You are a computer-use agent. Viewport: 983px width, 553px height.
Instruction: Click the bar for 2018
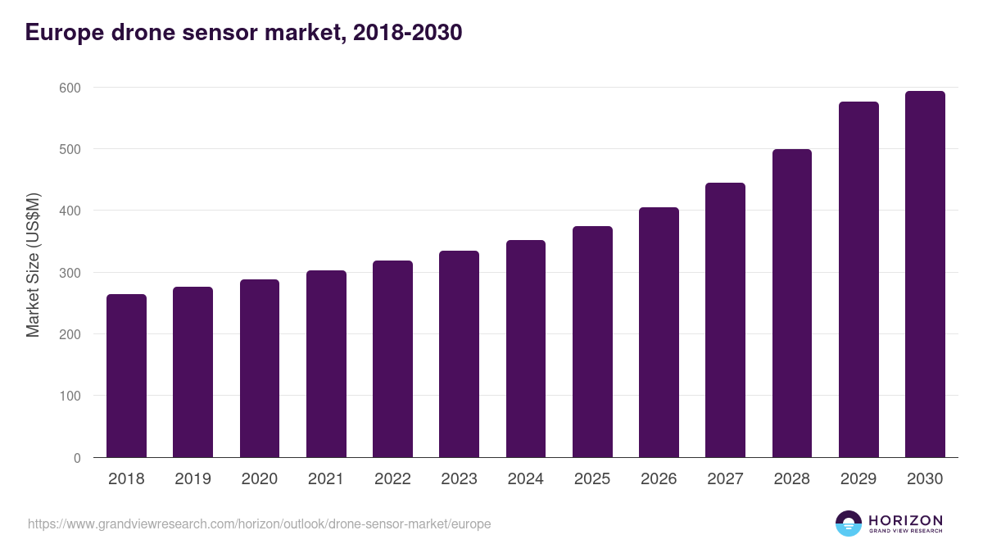(x=126, y=376)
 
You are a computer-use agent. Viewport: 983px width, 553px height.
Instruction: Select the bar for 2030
(x=925, y=274)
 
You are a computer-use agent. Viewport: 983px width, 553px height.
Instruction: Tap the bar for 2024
(x=525, y=349)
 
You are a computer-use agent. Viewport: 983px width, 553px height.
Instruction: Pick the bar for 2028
(x=791, y=303)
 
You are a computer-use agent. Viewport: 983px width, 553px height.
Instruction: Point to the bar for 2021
(x=326, y=364)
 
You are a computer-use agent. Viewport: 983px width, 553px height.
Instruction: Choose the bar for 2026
(x=659, y=333)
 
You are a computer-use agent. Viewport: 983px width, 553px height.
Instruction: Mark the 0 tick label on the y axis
(x=77, y=458)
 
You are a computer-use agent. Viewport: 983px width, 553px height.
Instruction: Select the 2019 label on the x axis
(x=193, y=479)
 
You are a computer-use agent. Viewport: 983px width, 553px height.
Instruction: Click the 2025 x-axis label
(x=592, y=479)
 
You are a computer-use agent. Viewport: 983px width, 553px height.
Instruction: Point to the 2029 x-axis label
(x=858, y=479)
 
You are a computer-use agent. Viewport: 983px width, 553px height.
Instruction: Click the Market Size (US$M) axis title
(x=34, y=265)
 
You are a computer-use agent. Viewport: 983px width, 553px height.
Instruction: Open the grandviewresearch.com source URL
(x=259, y=524)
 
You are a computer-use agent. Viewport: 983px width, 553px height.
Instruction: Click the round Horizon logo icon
(x=848, y=524)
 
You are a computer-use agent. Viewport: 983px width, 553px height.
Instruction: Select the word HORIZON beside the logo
(x=905, y=519)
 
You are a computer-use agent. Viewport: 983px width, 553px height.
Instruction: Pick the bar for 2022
(x=392, y=359)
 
